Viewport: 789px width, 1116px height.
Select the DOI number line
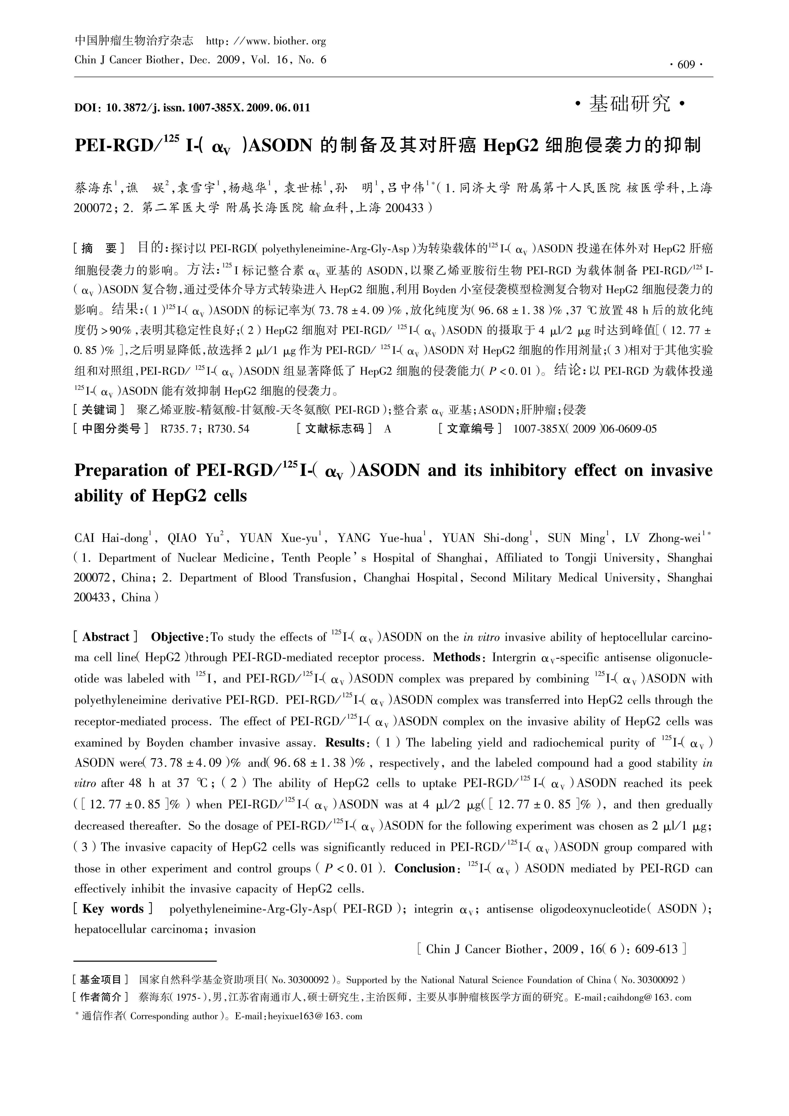click(x=192, y=107)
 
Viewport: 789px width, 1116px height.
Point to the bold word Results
click(x=345, y=743)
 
